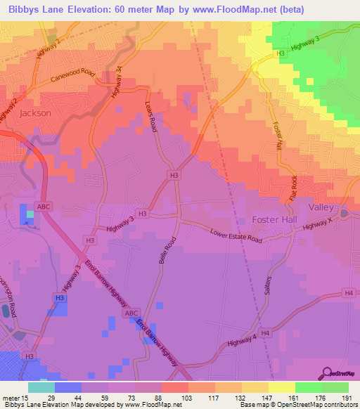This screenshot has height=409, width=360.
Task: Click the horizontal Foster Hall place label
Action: point(271,220)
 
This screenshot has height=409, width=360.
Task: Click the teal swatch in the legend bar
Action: point(41,387)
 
